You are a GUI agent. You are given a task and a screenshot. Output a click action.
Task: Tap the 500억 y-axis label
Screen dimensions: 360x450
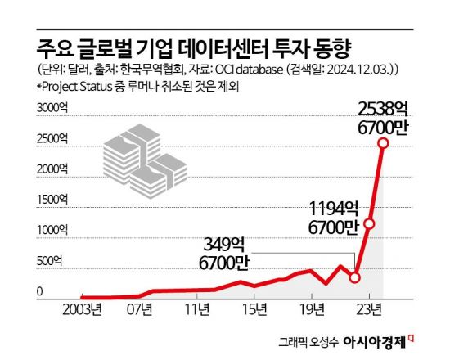(53, 261)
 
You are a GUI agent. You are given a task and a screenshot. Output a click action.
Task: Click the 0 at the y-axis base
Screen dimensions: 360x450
(38, 291)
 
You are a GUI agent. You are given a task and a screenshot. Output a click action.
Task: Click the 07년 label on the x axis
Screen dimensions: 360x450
(139, 309)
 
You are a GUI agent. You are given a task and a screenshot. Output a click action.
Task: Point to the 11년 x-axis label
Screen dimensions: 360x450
(196, 309)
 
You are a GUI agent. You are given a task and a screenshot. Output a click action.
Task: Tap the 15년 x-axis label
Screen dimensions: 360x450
(254, 309)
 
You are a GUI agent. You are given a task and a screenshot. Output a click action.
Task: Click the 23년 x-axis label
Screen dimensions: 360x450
(369, 309)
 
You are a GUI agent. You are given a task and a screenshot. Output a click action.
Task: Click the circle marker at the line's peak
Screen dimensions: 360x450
(383, 144)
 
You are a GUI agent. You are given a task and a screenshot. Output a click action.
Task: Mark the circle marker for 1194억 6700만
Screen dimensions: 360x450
(369, 223)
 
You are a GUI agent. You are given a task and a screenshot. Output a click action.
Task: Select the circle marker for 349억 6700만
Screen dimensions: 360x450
(354, 277)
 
